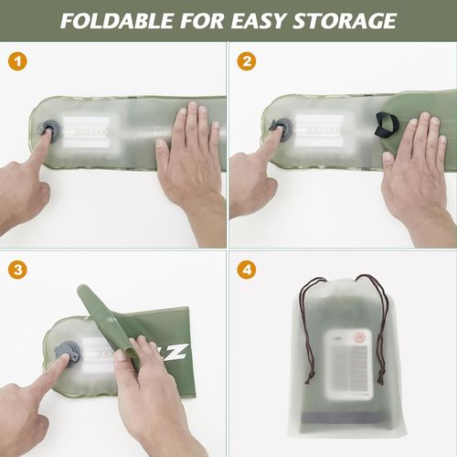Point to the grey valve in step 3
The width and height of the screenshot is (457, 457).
click(x=68, y=353)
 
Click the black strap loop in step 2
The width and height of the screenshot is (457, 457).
click(x=386, y=123)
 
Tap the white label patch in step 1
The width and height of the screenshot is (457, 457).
click(x=88, y=134)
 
